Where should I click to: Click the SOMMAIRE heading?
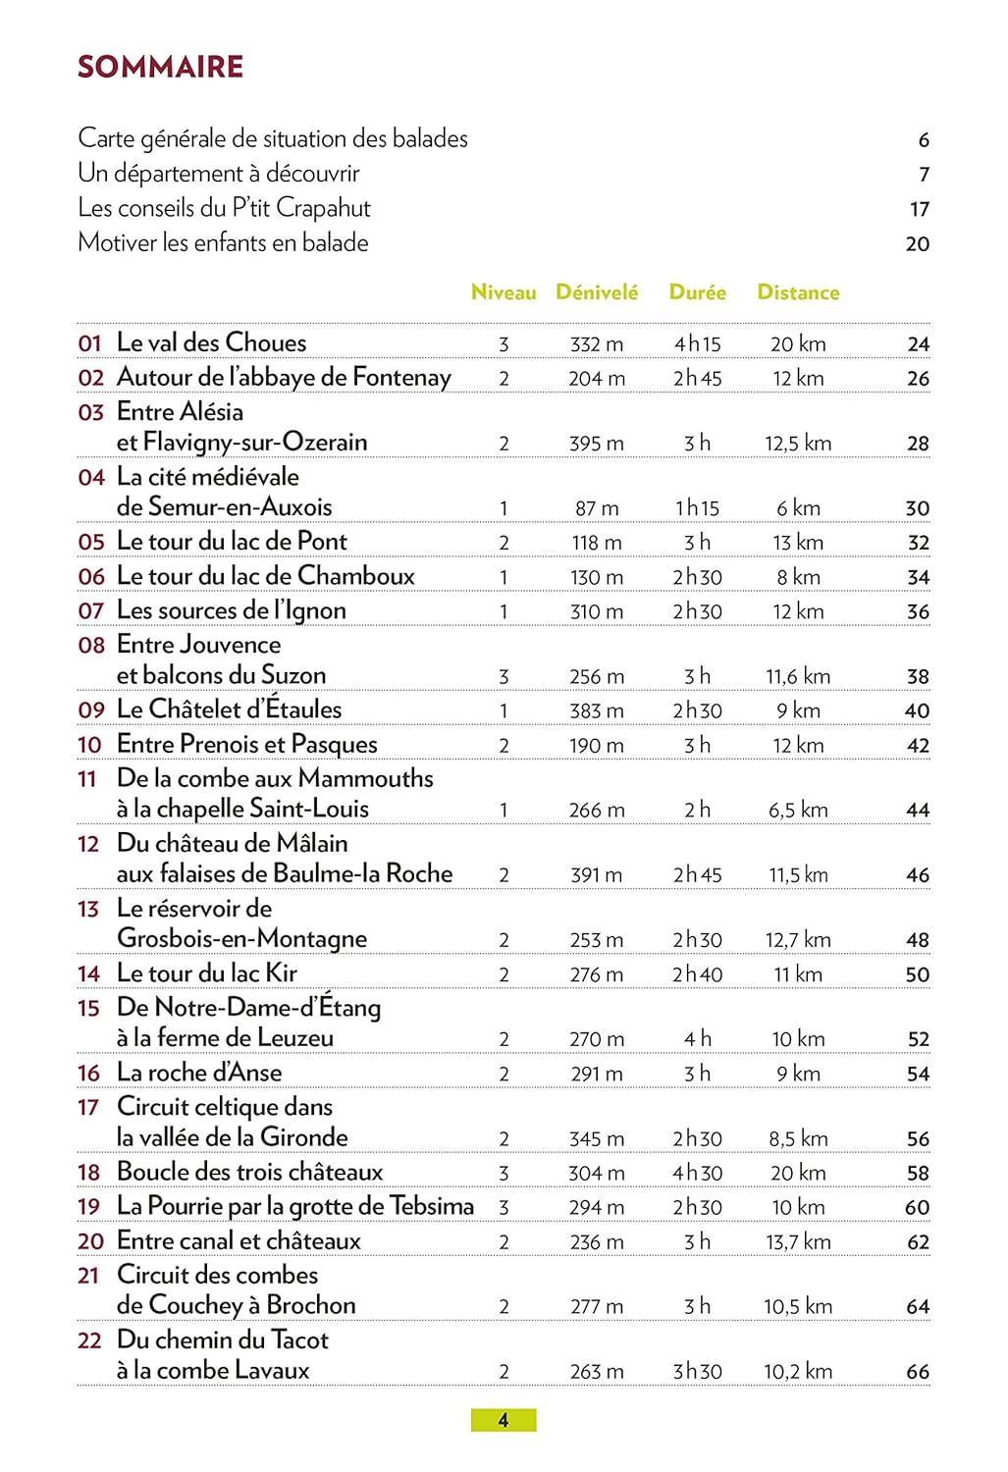[160, 67]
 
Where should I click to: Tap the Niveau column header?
[504, 292]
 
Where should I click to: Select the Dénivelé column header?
[597, 292]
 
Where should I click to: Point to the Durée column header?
[697, 292]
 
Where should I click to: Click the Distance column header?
[798, 292]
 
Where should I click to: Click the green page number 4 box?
[504, 1420]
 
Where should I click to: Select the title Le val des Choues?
[211, 342]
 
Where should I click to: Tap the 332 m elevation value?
[597, 344]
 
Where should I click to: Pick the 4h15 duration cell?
[697, 344]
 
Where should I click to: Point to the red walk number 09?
[91, 710]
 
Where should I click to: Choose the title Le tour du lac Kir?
[206, 973]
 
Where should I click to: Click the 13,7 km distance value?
[798, 1242]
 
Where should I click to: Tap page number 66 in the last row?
[918, 1372]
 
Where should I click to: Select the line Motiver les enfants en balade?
[223, 243]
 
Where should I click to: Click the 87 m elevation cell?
[597, 508]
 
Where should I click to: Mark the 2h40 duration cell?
[697, 975]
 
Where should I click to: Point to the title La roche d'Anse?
[199, 1073]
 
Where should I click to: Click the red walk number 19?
[88, 1207]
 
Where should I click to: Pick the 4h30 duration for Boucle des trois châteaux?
[697, 1174]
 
